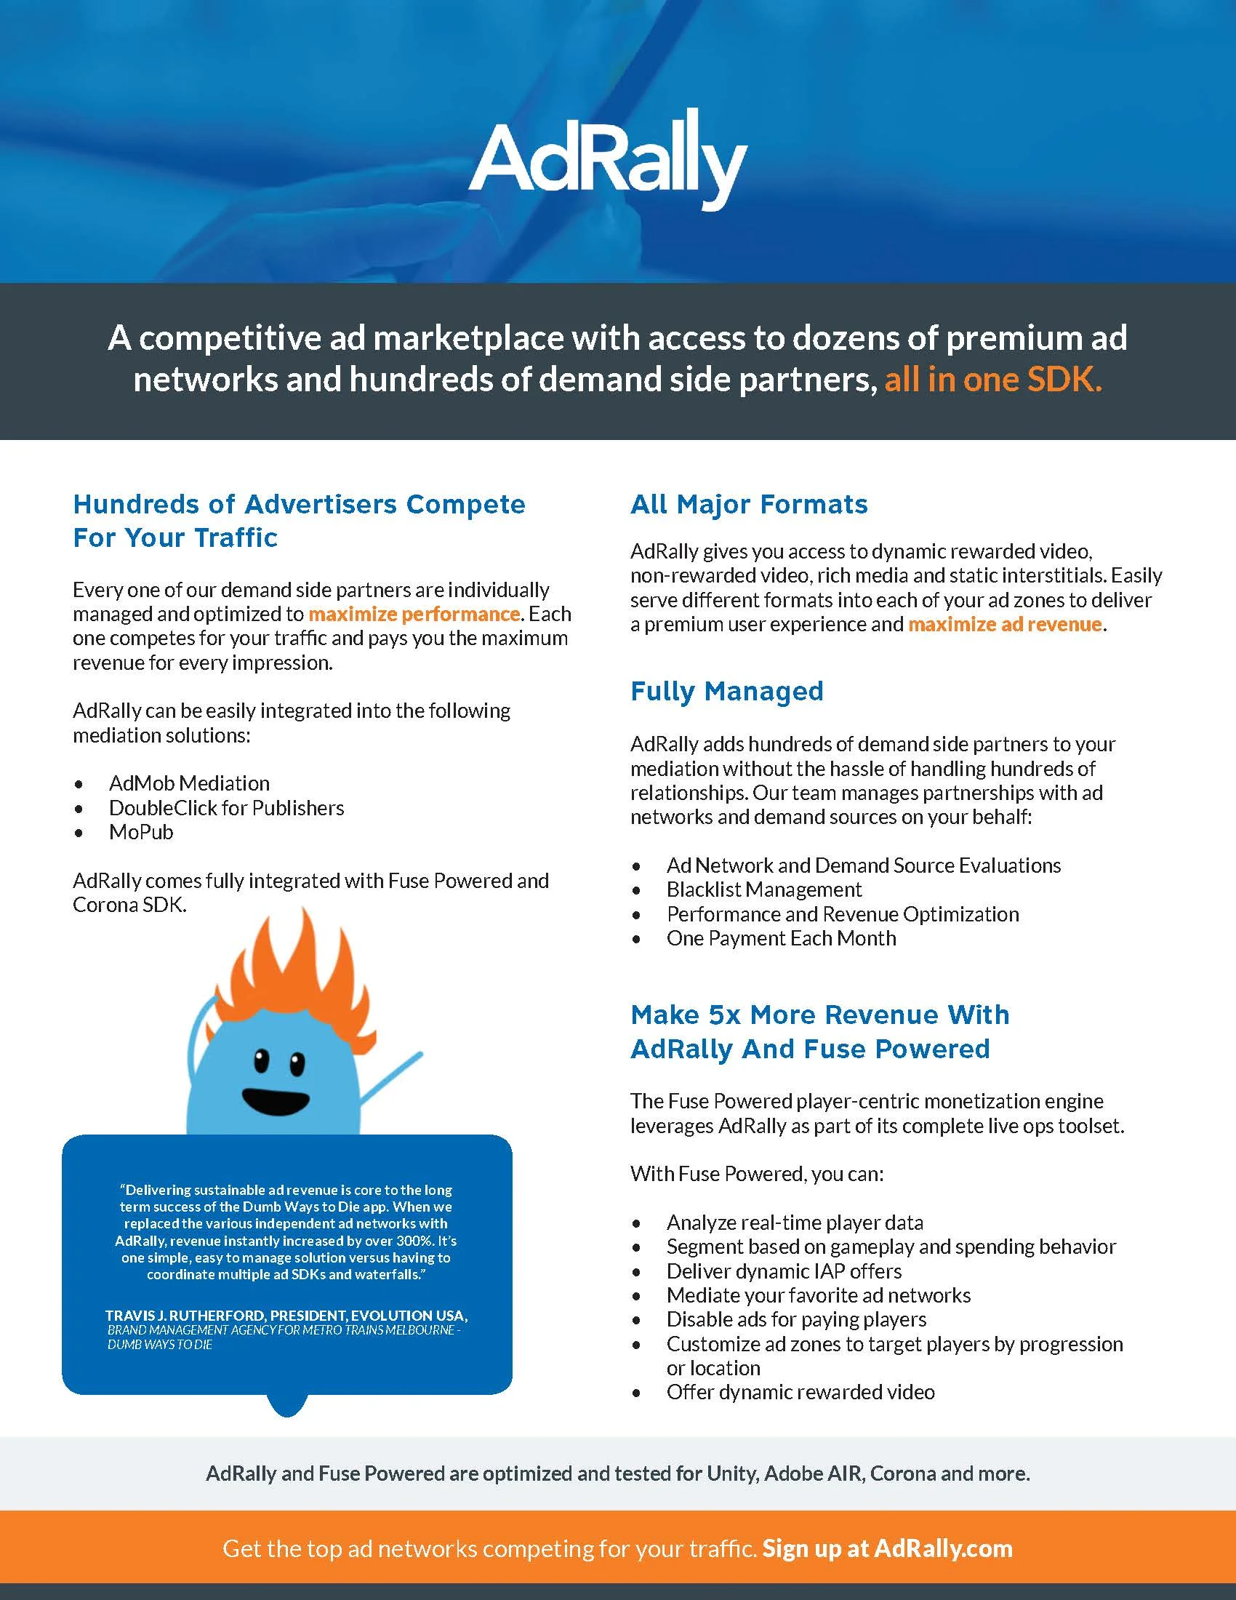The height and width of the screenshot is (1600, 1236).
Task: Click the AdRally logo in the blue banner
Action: (608, 160)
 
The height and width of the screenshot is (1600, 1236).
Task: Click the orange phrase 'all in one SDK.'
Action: (993, 380)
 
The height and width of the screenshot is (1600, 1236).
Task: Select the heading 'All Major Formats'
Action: (749, 505)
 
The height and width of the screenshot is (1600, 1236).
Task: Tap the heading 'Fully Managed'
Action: (727, 692)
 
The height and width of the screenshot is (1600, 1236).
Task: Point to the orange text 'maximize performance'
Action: (414, 614)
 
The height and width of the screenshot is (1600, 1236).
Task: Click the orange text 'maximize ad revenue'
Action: (1005, 624)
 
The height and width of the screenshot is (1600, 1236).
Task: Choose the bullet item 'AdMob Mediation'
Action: (189, 783)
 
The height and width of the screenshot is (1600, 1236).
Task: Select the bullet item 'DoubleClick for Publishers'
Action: (226, 808)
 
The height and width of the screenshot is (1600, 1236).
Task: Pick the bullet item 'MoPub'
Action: (141, 832)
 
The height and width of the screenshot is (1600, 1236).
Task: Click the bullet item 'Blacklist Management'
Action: (763, 889)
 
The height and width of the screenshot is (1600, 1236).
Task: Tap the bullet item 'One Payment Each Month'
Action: (781, 938)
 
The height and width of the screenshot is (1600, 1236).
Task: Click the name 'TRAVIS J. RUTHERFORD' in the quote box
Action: (185, 1316)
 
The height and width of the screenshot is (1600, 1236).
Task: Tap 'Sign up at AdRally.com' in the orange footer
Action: (888, 1548)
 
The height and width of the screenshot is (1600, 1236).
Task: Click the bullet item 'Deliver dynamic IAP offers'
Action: (784, 1271)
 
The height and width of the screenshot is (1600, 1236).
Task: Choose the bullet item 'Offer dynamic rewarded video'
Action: (800, 1392)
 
